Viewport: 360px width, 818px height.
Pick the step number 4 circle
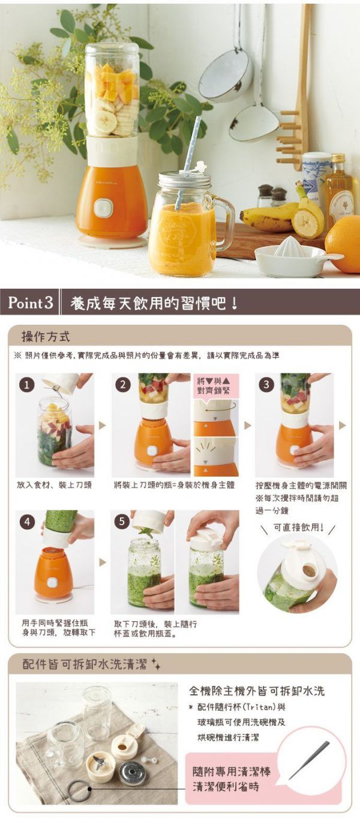coord(26,522)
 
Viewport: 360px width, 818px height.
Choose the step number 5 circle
coord(122,522)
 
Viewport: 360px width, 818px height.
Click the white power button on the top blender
coord(103,208)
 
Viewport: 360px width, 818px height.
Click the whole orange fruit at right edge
coord(344,244)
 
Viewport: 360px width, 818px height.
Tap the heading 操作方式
coord(46,335)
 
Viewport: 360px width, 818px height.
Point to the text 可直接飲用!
coord(298,528)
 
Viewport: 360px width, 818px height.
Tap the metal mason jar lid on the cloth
coord(132,773)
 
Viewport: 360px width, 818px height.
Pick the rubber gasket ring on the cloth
coord(79,790)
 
